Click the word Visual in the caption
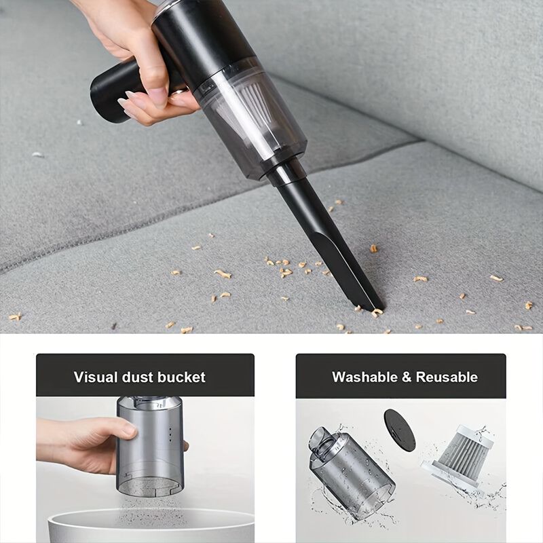coord(95,377)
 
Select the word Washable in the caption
coord(364,377)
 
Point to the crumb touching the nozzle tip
coord(377,312)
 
